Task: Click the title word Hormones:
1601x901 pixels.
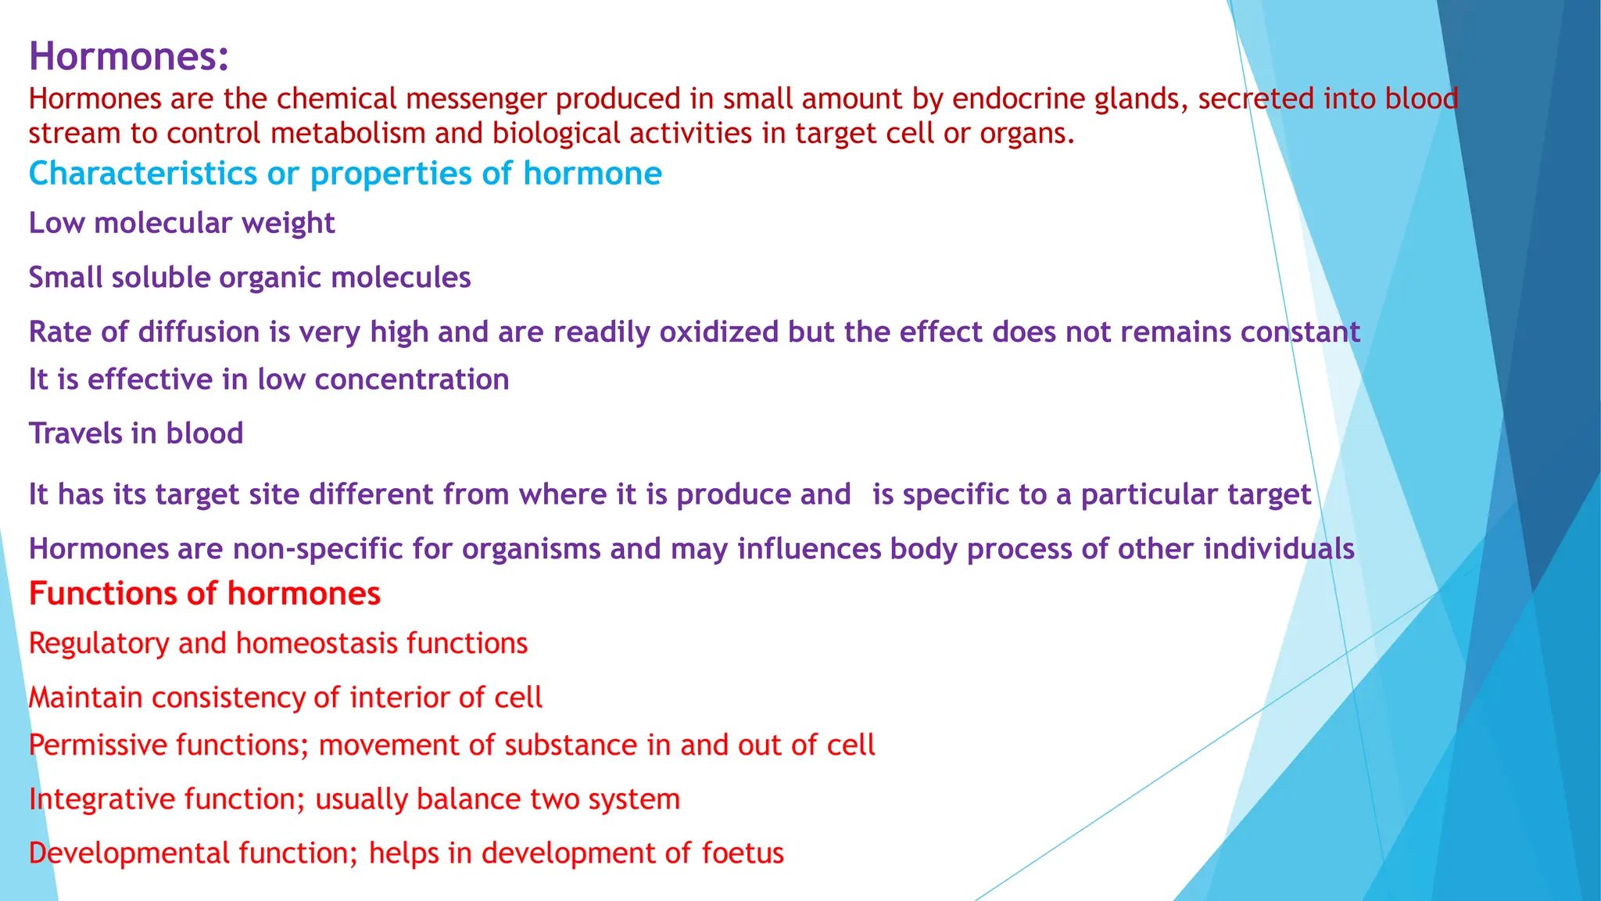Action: pos(129,56)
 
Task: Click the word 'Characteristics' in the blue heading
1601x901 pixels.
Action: pos(143,174)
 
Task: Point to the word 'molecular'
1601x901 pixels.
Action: pos(163,224)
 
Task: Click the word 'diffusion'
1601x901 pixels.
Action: pos(199,332)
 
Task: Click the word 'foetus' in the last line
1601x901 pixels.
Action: pos(743,853)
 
